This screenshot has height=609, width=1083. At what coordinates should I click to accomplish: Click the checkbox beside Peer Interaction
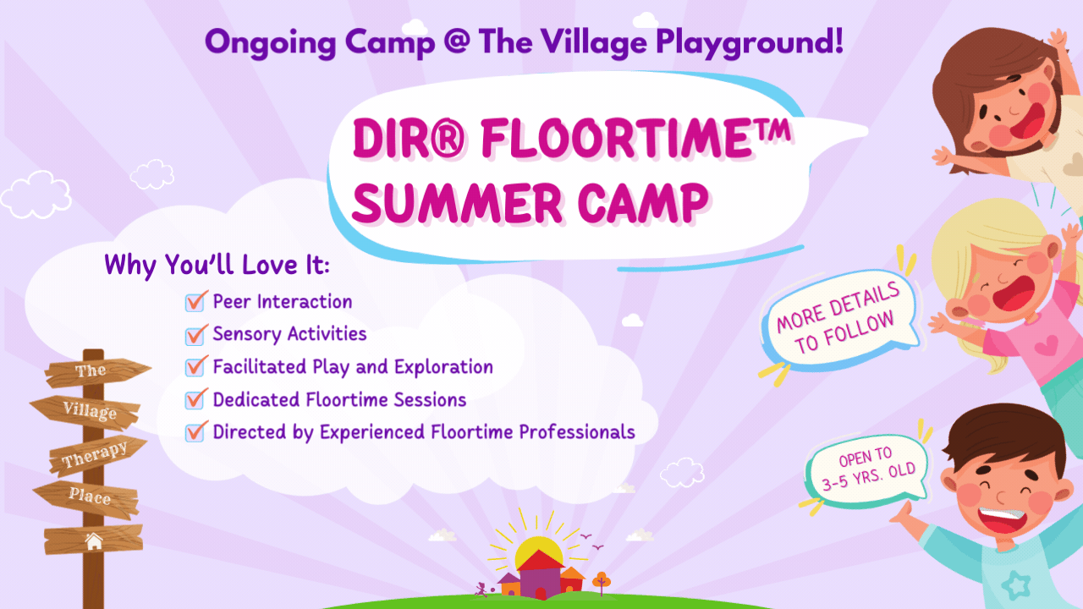pos(196,301)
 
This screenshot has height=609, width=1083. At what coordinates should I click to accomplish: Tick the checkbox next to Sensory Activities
pos(196,334)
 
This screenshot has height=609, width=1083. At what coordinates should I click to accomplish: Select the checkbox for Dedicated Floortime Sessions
pos(196,399)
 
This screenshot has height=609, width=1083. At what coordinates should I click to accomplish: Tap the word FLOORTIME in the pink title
pos(618,141)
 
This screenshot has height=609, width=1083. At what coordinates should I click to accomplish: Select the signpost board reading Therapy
pos(94,454)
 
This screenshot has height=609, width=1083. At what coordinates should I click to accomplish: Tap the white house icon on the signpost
pos(93,540)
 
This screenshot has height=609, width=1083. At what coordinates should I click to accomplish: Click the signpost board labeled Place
pos(89,497)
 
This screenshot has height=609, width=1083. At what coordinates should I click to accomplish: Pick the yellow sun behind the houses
pos(540,550)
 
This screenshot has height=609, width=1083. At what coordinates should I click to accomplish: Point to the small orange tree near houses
pos(601,580)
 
